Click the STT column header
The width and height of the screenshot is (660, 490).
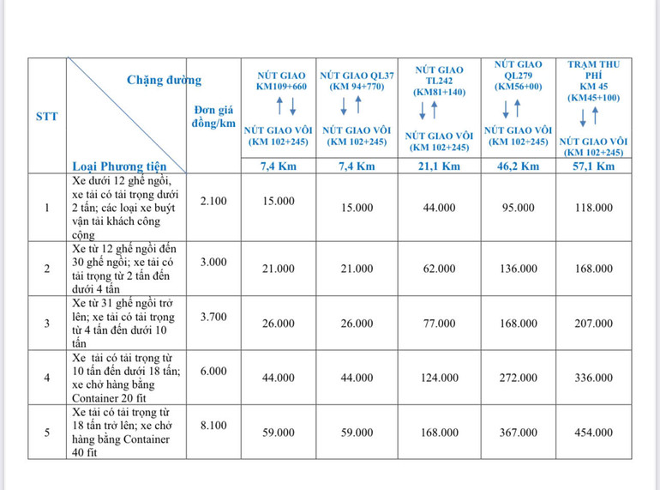click(46, 116)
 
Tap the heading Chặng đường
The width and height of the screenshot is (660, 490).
click(165, 81)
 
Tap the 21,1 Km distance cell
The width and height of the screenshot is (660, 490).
click(439, 166)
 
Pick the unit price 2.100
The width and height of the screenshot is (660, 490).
click(213, 200)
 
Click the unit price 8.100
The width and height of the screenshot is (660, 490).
click(213, 424)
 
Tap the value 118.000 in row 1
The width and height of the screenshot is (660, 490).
click(593, 208)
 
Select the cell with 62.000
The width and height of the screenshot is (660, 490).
click(439, 269)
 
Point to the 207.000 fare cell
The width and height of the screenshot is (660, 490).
click(593, 324)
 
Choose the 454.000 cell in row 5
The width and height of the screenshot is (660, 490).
click(593, 433)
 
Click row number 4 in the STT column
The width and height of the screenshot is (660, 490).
click(46, 378)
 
